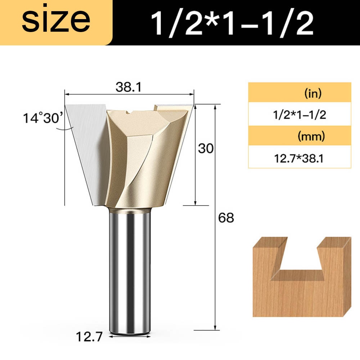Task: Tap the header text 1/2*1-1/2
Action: (x=232, y=22)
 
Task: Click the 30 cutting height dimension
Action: (x=206, y=148)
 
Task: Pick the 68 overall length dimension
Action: (x=226, y=218)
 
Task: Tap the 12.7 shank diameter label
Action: (x=89, y=337)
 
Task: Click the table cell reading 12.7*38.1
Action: (x=299, y=157)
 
